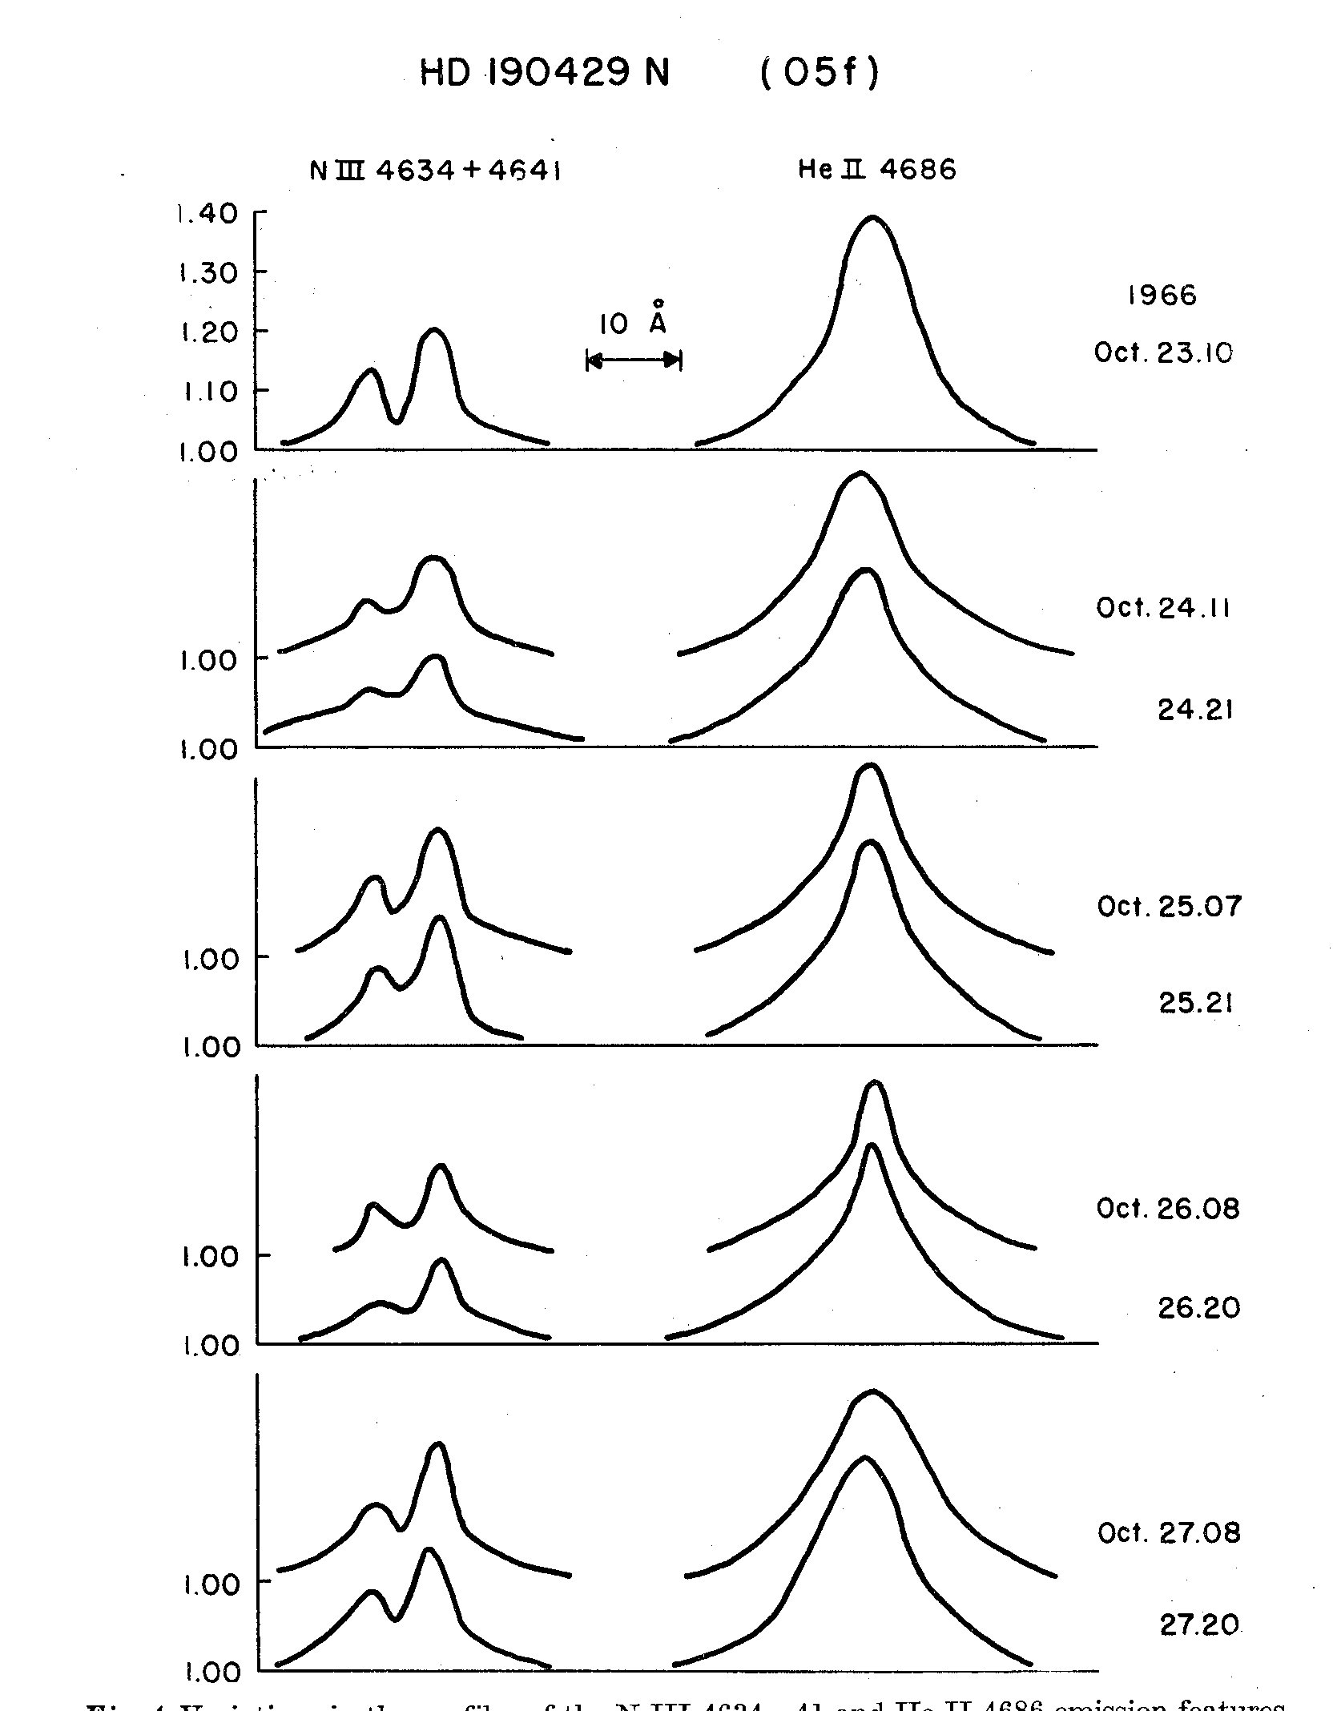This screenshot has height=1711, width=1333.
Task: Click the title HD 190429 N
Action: [545, 74]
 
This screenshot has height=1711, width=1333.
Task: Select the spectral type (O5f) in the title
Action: [819, 74]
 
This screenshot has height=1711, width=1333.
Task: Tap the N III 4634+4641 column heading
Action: [435, 171]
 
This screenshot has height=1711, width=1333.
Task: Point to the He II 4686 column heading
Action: [876, 170]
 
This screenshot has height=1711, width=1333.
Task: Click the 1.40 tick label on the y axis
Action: [207, 214]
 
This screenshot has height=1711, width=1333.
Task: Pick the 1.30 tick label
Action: [207, 273]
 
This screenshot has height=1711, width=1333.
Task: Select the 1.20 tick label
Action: [207, 332]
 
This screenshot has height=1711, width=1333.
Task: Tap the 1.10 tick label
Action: [207, 392]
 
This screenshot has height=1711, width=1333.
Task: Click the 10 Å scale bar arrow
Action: [633, 360]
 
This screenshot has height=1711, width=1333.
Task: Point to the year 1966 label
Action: [1162, 296]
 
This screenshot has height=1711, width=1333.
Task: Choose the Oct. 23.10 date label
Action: [1163, 352]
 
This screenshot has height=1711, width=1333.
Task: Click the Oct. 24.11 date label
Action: [1163, 607]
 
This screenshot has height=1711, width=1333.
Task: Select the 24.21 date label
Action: [1195, 710]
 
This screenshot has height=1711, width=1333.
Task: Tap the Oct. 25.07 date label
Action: [1169, 907]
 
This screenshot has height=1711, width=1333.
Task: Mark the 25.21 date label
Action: [1195, 1003]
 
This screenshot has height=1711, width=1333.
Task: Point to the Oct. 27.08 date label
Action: [1169, 1532]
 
